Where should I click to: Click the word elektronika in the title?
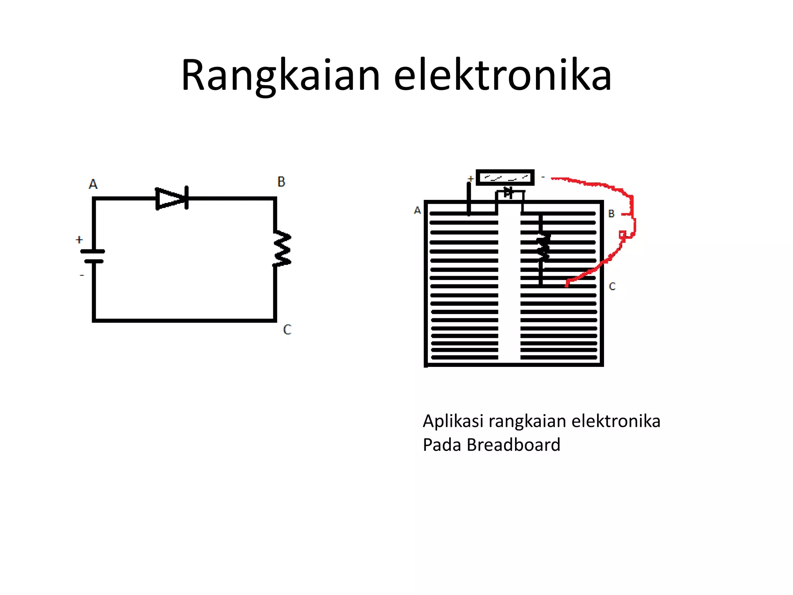(x=502, y=76)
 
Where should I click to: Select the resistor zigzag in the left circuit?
(x=282, y=249)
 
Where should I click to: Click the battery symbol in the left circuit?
(x=93, y=256)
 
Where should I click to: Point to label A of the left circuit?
(x=93, y=184)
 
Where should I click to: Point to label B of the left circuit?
(x=281, y=182)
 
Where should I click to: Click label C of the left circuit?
(x=287, y=330)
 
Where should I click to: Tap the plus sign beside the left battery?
(x=79, y=240)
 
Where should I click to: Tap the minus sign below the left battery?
(x=82, y=275)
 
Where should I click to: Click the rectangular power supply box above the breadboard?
(x=505, y=178)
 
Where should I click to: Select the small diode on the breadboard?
(x=508, y=193)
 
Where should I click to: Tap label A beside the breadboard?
(x=417, y=210)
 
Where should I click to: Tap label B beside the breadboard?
(x=611, y=214)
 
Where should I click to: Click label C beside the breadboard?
(x=612, y=287)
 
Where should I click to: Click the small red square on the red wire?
(x=622, y=234)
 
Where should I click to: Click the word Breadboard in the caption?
(x=513, y=445)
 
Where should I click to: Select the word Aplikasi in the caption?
(x=453, y=421)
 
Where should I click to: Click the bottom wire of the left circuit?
(x=184, y=320)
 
